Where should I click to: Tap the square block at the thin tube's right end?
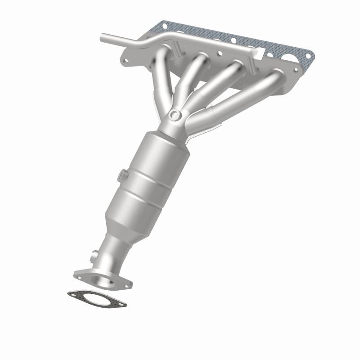click(x=258, y=54)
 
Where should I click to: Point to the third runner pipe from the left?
click(x=216, y=83)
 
